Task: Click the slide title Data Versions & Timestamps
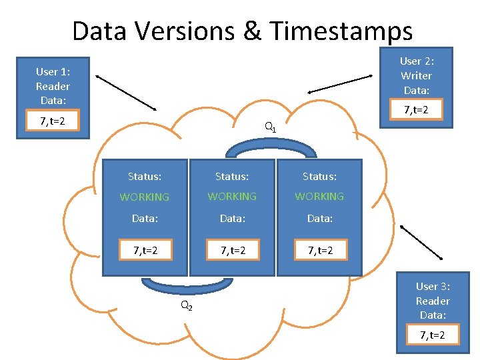pos(242,31)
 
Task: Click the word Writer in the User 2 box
pos(416,75)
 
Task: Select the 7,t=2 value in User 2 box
pos(416,109)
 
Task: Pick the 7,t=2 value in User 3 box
pos(433,335)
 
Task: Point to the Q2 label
pos(186,306)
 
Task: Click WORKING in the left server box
pos(145,197)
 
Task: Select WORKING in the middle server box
pos(232,197)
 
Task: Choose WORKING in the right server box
pos(319,197)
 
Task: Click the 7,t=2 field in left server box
pos(145,251)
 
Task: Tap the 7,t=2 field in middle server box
pos(232,251)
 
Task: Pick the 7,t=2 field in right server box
pos(320,251)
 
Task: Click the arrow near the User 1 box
pos(126,93)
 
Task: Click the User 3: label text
pos(433,286)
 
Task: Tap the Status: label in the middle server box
pos(232,177)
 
